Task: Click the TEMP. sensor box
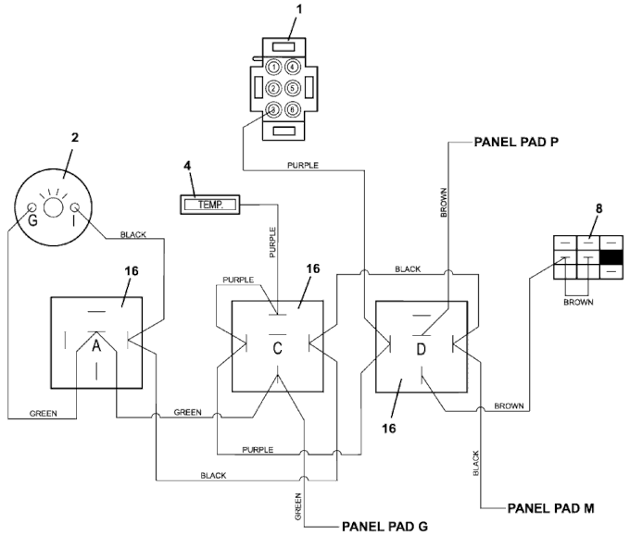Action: point(209,205)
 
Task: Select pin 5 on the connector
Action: point(293,88)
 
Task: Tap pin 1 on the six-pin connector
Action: point(273,67)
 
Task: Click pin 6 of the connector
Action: point(293,109)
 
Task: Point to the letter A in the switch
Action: point(96,345)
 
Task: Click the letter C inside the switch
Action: point(277,348)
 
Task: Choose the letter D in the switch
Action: point(421,349)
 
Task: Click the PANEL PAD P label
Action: point(516,143)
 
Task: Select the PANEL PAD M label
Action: point(551,508)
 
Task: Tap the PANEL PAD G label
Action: point(384,527)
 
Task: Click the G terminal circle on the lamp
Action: point(31,207)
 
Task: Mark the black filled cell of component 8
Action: point(611,257)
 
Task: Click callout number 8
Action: point(599,209)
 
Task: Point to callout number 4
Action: point(187,166)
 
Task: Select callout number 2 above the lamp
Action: point(75,138)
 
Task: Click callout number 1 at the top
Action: point(299,9)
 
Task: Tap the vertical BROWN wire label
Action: point(444,203)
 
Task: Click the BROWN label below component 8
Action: point(578,302)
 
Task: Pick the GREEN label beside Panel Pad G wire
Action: point(297,506)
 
